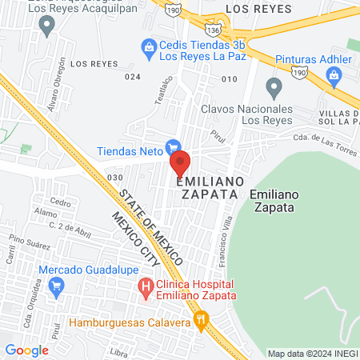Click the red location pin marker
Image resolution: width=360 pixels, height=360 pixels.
pyautogui.click(x=179, y=162)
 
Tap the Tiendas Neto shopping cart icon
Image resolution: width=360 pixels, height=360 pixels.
pyautogui.click(x=171, y=147)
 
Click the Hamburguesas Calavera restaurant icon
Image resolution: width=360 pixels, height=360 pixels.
pyautogui.click(x=202, y=322)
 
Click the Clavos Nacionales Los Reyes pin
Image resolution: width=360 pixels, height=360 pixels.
pyautogui.click(x=274, y=86)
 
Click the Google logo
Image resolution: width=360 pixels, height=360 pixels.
pyautogui.click(x=26, y=350)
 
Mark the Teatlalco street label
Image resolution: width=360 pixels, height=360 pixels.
pyautogui.click(x=162, y=92)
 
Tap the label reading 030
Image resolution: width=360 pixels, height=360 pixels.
pyautogui.click(x=115, y=177)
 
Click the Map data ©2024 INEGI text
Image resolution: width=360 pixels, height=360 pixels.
pyautogui.click(x=311, y=354)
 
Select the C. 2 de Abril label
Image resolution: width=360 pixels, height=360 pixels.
pyautogui.click(x=67, y=227)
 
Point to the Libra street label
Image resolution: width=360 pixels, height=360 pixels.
pyautogui.click(x=122, y=351)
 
